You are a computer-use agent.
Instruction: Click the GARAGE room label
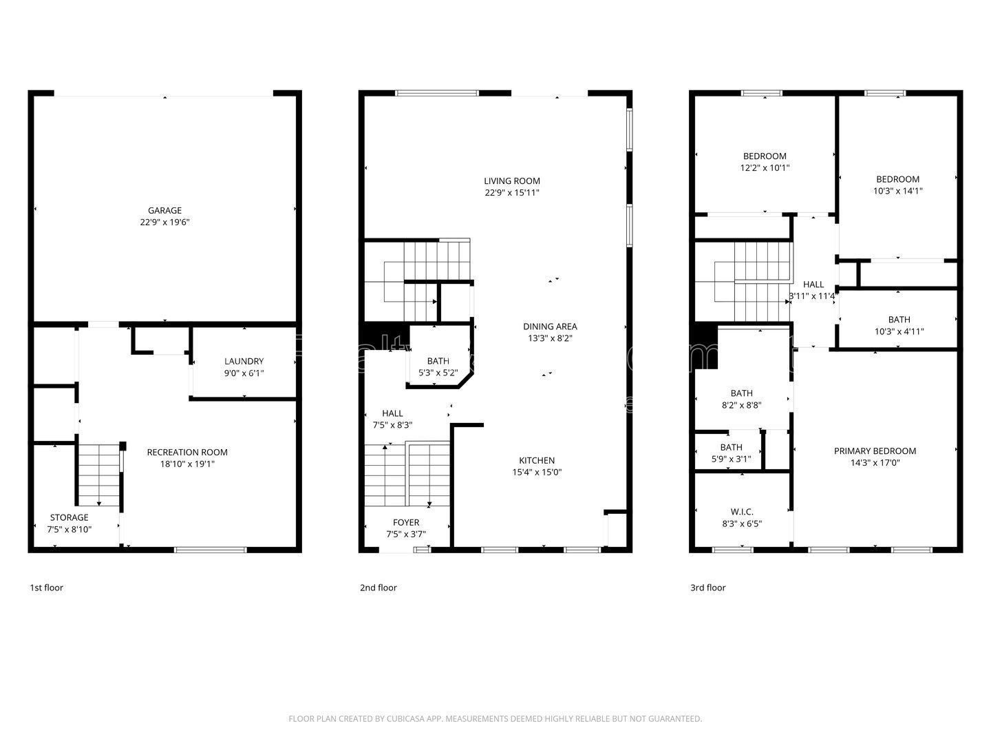pyautogui.click(x=164, y=211)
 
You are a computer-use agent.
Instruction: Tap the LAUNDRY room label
pyautogui.click(x=244, y=362)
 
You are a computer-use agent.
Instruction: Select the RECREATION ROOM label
pyautogui.click(x=187, y=453)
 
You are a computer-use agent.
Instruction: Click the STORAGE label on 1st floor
pyautogui.click(x=69, y=517)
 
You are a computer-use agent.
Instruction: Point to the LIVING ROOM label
pyautogui.click(x=511, y=181)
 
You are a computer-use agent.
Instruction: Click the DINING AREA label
pyautogui.click(x=549, y=327)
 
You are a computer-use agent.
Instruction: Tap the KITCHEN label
pyautogui.click(x=537, y=461)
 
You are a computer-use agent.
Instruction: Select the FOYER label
pyautogui.click(x=406, y=523)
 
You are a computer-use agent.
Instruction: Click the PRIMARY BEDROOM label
pyautogui.click(x=875, y=451)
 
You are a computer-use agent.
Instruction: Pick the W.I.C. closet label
pyautogui.click(x=741, y=512)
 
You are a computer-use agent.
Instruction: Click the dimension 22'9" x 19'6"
pyautogui.click(x=164, y=223)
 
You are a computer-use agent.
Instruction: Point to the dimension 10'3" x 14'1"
pyautogui.click(x=897, y=191)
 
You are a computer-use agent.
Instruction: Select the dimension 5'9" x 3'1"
pyautogui.click(x=731, y=459)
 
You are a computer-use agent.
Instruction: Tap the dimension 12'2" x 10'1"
pyautogui.click(x=765, y=167)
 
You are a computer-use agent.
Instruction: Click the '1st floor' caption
pyautogui.click(x=46, y=588)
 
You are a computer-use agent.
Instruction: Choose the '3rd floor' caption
pyautogui.click(x=707, y=588)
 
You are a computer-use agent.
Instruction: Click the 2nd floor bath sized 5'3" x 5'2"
pyautogui.click(x=438, y=366)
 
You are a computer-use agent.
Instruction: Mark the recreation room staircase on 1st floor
pyautogui.click(x=99, y=475)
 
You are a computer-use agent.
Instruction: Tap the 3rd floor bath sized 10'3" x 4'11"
pyautogui.click(x=899, y=325)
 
